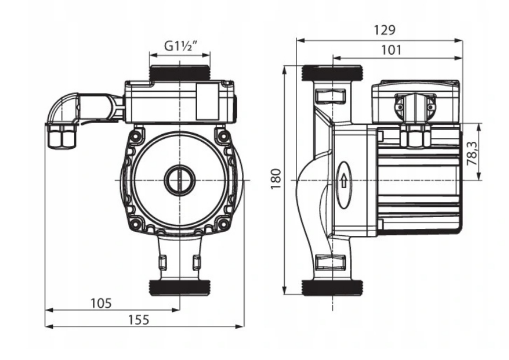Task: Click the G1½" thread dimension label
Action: (x=181, y=46)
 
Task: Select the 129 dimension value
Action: (x=384, y=30)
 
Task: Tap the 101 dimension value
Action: (x=391, y=50)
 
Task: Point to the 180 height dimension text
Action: (x=275, y=179)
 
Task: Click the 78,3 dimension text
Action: (x=473, y=153)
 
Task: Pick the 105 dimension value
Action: (x=101, y=303)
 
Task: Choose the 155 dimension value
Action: (x=139, y=320)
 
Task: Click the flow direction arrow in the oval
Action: (x=344, y=181)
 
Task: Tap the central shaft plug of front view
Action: (x=179, y=180)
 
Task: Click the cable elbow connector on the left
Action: (x=64, y=105)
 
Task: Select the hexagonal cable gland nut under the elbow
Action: (x=62, y=136)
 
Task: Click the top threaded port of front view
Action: (x=179, y=73)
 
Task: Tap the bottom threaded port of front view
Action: (x=179, y=288)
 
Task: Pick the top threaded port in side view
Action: (x=332, y=74)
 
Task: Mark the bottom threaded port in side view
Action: (x=332, y=288)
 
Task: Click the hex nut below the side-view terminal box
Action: (x=416, y=136)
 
